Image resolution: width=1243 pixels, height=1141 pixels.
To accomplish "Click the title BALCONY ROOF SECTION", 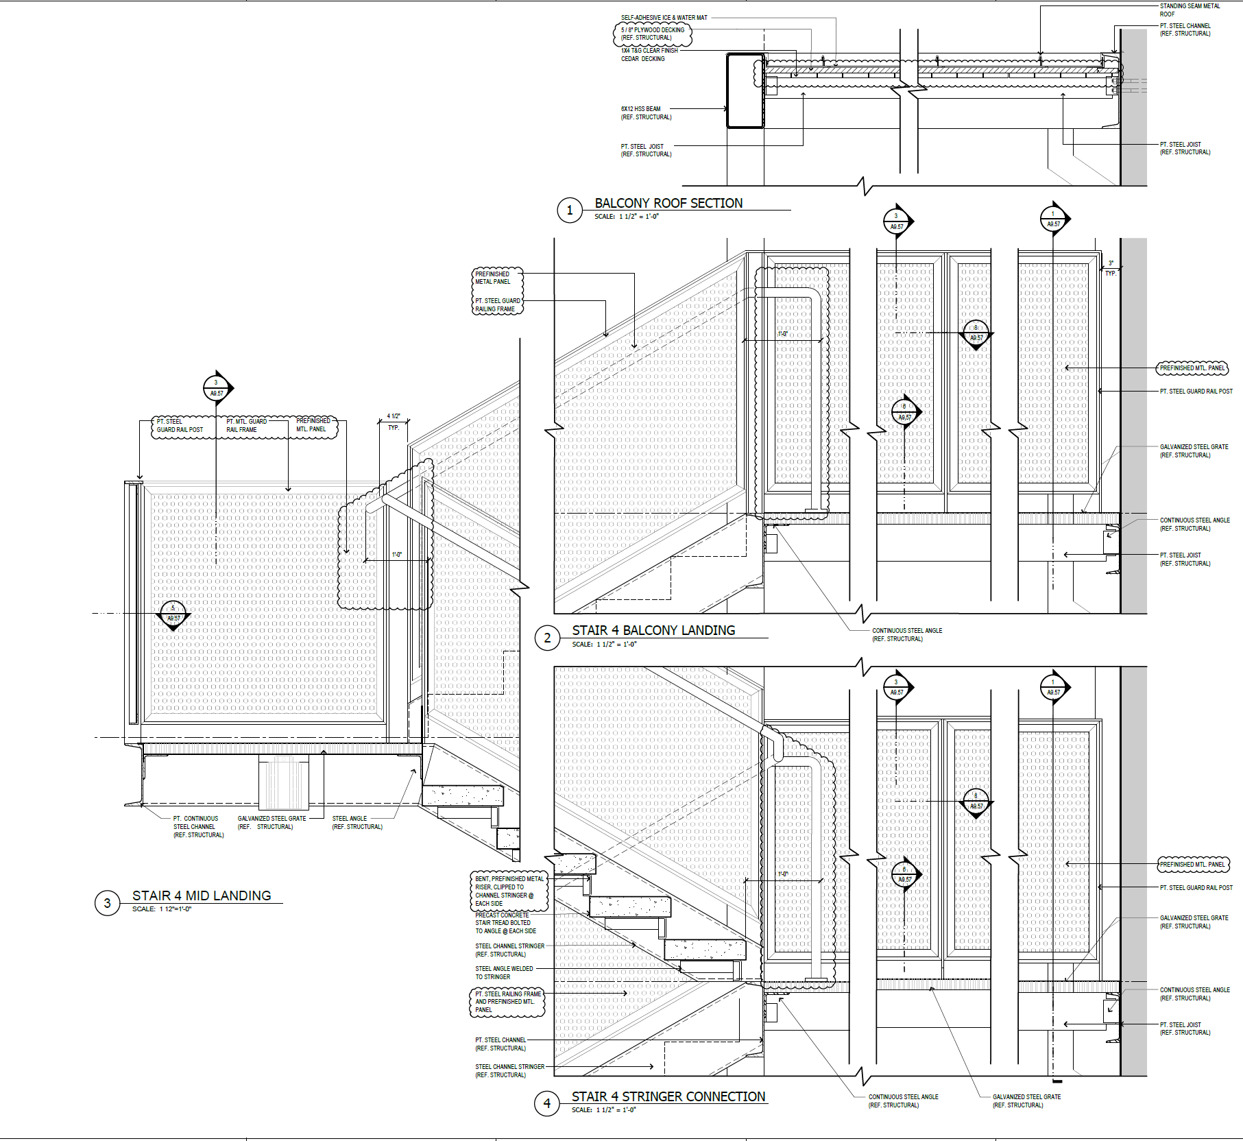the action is (668, 204).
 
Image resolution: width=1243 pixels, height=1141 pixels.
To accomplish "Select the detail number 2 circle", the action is (547, 638).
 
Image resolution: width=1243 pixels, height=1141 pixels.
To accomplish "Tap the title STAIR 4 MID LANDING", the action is (202, 896).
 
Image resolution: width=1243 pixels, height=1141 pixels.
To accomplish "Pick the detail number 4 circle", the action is (547, 1103).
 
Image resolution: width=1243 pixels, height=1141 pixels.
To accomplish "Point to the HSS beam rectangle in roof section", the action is (745, 91).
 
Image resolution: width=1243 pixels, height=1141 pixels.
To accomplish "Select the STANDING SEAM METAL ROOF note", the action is (1190, 10).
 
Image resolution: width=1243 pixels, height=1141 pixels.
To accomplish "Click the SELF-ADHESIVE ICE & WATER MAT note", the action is (664, 18).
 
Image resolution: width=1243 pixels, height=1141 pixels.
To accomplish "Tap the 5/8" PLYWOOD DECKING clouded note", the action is (652, 34).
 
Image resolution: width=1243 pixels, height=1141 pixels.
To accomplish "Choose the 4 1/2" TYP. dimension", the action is (394, 421).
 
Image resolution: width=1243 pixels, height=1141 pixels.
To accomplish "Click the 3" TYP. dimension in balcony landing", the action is (1111, 268).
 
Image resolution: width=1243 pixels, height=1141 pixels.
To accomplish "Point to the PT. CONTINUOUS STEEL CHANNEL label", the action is (198, 826).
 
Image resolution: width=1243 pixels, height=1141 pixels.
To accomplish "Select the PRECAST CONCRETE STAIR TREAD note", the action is (505, 923).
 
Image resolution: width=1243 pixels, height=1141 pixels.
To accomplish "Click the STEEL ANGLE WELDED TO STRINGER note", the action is (504, 972).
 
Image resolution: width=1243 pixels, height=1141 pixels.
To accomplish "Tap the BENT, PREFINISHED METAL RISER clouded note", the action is (509, 891).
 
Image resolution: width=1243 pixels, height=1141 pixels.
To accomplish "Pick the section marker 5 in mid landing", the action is (173, 614).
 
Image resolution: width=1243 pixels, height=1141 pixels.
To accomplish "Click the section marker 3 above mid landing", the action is (217, 388).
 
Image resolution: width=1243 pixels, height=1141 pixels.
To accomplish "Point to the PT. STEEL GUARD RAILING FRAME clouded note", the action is (498, 305).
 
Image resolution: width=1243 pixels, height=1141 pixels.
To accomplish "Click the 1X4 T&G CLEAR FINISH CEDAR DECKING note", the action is (649, 54).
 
